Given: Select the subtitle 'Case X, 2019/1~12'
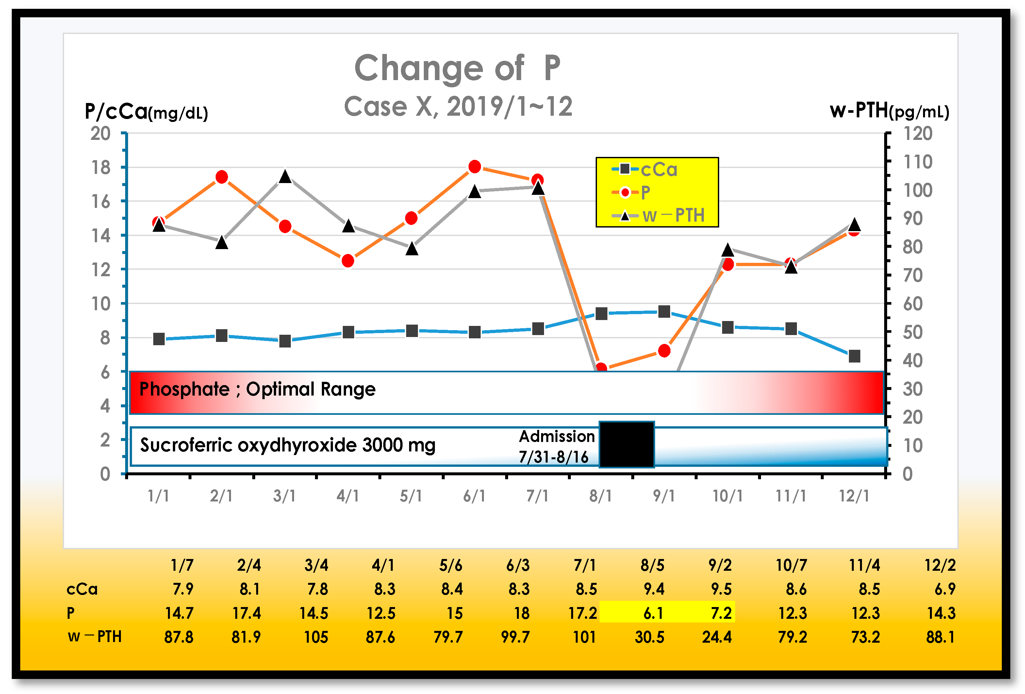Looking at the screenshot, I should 458,107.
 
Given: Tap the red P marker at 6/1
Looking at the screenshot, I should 474,167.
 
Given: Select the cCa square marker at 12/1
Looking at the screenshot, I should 854,356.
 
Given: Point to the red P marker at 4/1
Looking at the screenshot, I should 348,261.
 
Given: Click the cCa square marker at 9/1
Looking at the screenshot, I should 664,312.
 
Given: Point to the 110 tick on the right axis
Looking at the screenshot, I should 918,162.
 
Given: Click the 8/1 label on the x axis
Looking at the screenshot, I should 600,496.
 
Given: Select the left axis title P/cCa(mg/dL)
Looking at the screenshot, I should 146,111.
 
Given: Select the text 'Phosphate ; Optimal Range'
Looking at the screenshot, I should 257,389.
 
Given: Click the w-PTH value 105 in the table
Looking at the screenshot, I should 316,637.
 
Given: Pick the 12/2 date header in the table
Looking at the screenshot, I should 939,565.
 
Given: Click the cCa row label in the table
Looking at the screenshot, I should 82,589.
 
